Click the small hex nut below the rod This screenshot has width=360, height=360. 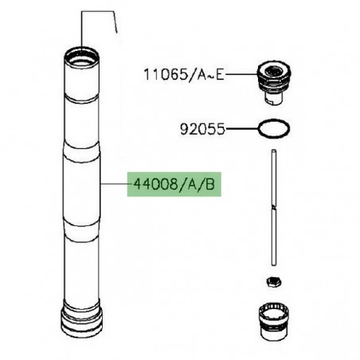[272, 281]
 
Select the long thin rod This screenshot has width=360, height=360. [272, 207]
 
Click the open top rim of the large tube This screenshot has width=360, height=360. [83, 56]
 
